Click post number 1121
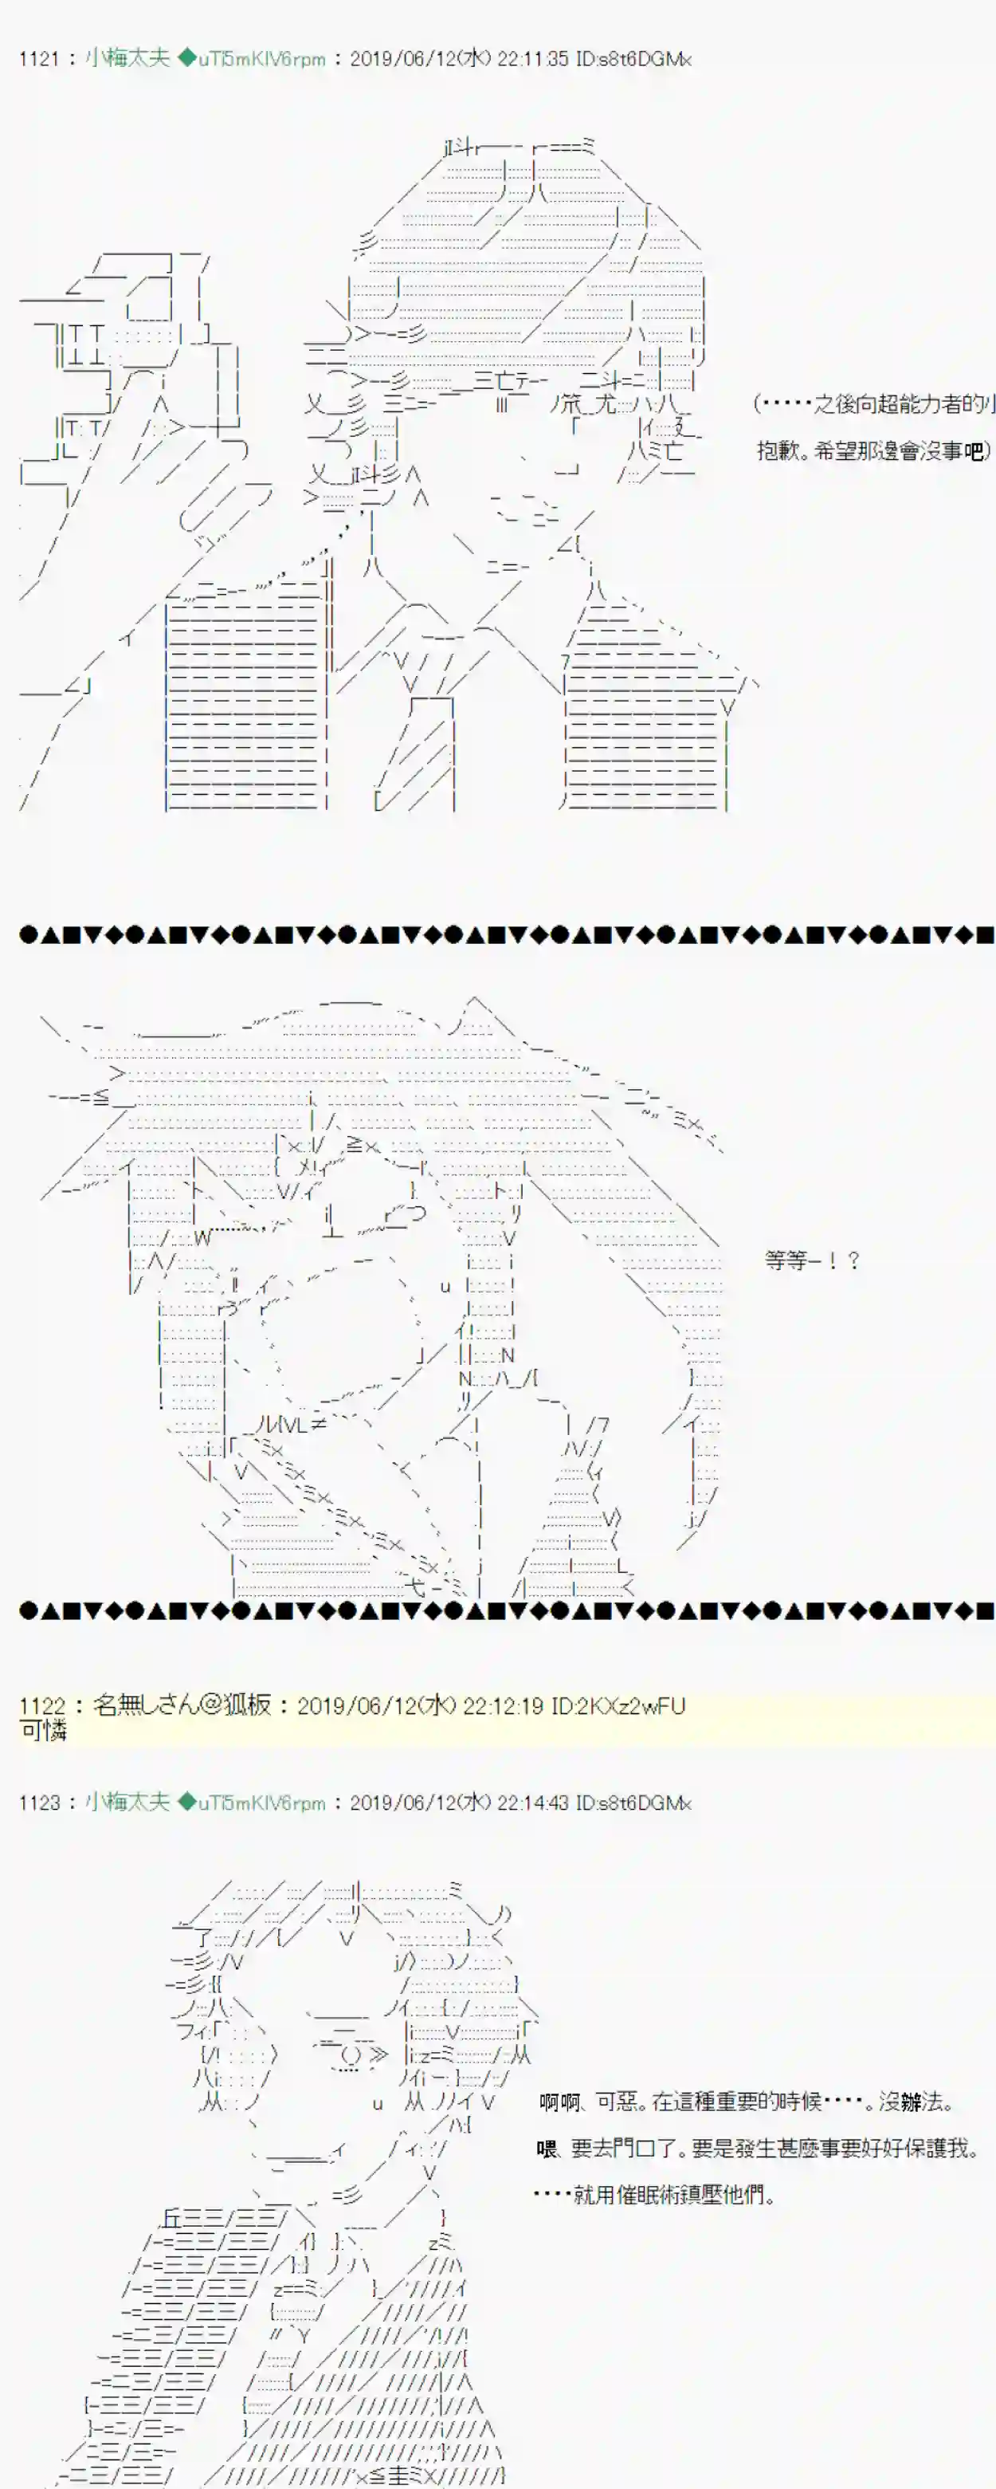pos(38,59)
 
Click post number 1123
pos(38,1802)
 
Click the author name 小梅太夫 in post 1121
pos(127,58)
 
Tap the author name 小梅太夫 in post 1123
pos(127,1801)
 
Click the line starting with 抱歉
pos(872,450)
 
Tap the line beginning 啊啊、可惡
pos(747,2101)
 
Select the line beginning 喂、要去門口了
pos(759,2148)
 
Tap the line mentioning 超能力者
pos(873,404)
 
